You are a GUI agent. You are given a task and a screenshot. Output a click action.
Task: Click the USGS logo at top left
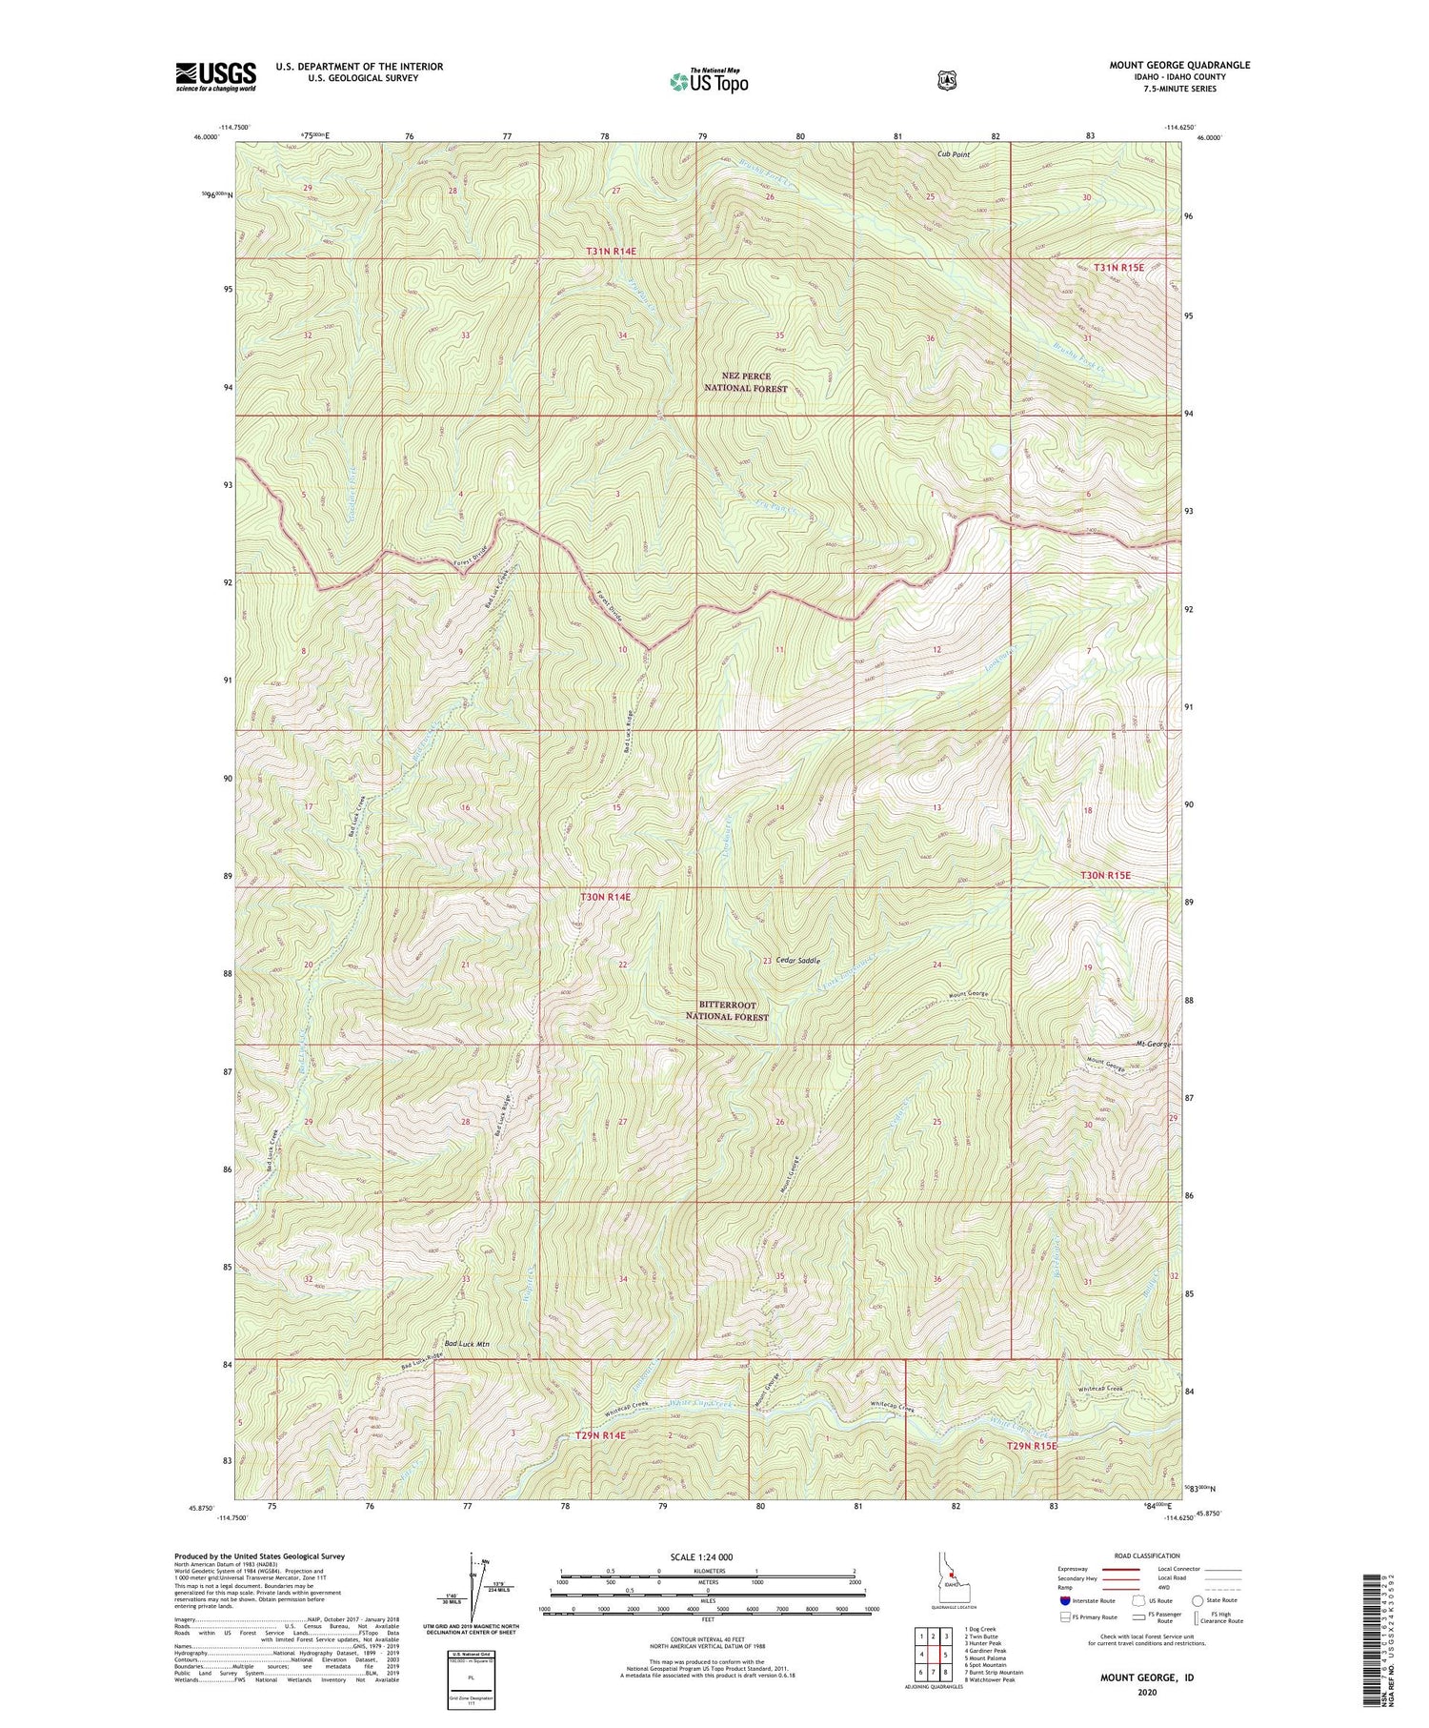[215, 76]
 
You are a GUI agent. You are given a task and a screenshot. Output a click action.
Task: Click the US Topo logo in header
[709, 81]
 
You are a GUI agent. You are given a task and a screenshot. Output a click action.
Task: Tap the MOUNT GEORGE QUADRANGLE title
[1178, 65]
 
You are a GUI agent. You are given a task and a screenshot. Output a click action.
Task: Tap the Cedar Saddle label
[797, 961]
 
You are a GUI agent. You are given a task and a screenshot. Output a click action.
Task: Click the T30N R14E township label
[606, 897]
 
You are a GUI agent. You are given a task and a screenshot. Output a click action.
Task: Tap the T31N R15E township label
[1111, 268]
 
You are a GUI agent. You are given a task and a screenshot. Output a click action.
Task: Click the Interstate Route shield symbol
[1065, 1600]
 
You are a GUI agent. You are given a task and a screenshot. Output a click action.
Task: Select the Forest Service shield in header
[946, 81]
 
